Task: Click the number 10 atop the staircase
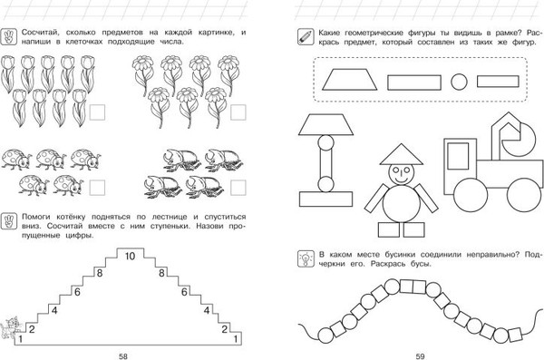pyautogui.click(x=130, y=257)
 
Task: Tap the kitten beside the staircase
pyautogui.click(x=10, y=327)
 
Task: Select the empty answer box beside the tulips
pyautogui.click(x=97, y=112)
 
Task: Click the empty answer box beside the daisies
pyautogui.click(x=238, y=112)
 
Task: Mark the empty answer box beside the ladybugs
pyautogui.click(x=97, y=188)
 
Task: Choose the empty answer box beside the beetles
pyautogui.click(x=238, y=188)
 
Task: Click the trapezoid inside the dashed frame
pyautogui.click(x=349, y=80)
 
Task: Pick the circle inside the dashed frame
pyautogui.click(x=459, y=83)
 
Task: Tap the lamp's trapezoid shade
pyautogui.click(x=326, y=124)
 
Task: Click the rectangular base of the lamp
pyautogui.click(x=326, y=199)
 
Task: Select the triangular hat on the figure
pyautogui.click(x=402, y=154)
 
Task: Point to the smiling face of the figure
pyautogui.click(x=402, y=173)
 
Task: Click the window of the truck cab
pyautogui.click(x=458, y=156)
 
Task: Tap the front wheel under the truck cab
pyautogui.click(x=471, y=195)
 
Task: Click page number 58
pyautogui.click(x=123, y=356)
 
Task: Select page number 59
pyautogui.click(x=420, y=356)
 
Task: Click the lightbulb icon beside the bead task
pyautogui.click(x=306, y=259)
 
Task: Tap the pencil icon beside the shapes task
pyautogui.click(x=306, y=37)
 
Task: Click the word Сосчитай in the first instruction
pyautogui.click(x=39, y=33)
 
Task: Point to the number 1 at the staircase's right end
pyautogui.click(x=236, y=338)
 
